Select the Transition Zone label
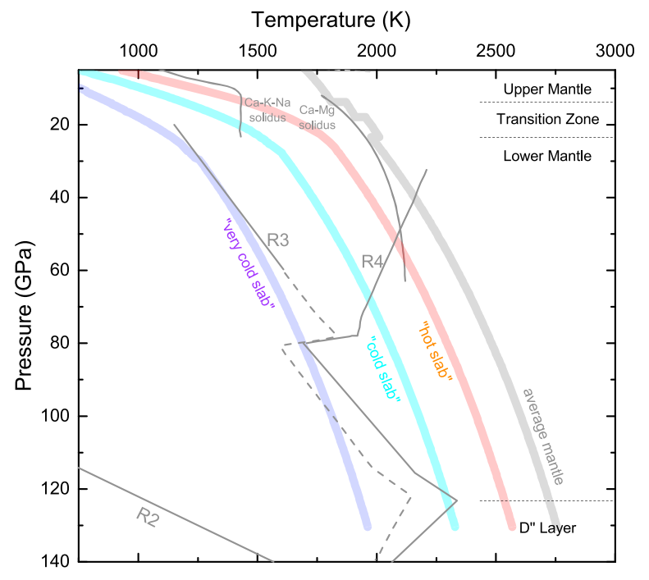546,120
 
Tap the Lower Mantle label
546,156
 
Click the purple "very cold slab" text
248,264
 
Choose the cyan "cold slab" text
384,370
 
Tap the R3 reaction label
279,240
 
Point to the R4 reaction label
373,263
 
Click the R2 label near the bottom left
149,516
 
